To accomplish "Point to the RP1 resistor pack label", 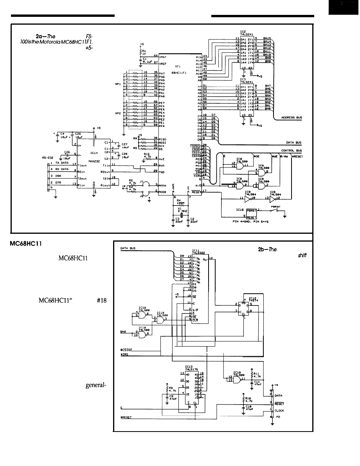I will [x=117, y=83].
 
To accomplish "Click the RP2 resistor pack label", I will [x=117, y=114].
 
